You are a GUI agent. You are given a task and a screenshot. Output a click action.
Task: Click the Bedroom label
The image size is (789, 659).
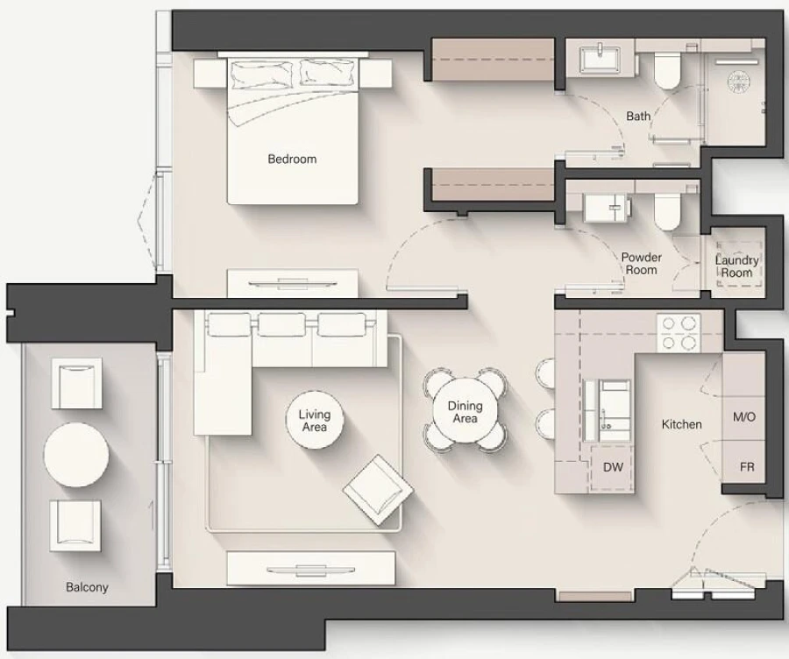coord(292,159)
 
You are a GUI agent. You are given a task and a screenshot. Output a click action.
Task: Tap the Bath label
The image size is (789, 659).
coord(638,116)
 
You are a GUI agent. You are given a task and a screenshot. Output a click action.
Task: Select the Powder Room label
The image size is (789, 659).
coord(641,264)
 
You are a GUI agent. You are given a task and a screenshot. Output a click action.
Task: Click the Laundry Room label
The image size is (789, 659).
coord(736,266)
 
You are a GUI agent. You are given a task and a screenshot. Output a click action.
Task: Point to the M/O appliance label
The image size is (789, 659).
coord(743,418)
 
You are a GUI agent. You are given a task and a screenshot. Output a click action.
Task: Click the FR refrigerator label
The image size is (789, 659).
coord(746,467)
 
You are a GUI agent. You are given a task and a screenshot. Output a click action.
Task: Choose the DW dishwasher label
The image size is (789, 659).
coord(613,467)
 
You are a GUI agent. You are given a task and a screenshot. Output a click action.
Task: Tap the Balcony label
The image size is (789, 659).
coord(87,587)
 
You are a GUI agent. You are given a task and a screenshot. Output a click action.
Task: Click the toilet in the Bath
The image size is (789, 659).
coord(666,70)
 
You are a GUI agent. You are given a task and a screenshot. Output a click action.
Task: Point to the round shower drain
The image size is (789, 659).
coord(737,81)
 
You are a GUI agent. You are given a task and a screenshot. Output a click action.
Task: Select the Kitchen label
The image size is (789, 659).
coord(681,424)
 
